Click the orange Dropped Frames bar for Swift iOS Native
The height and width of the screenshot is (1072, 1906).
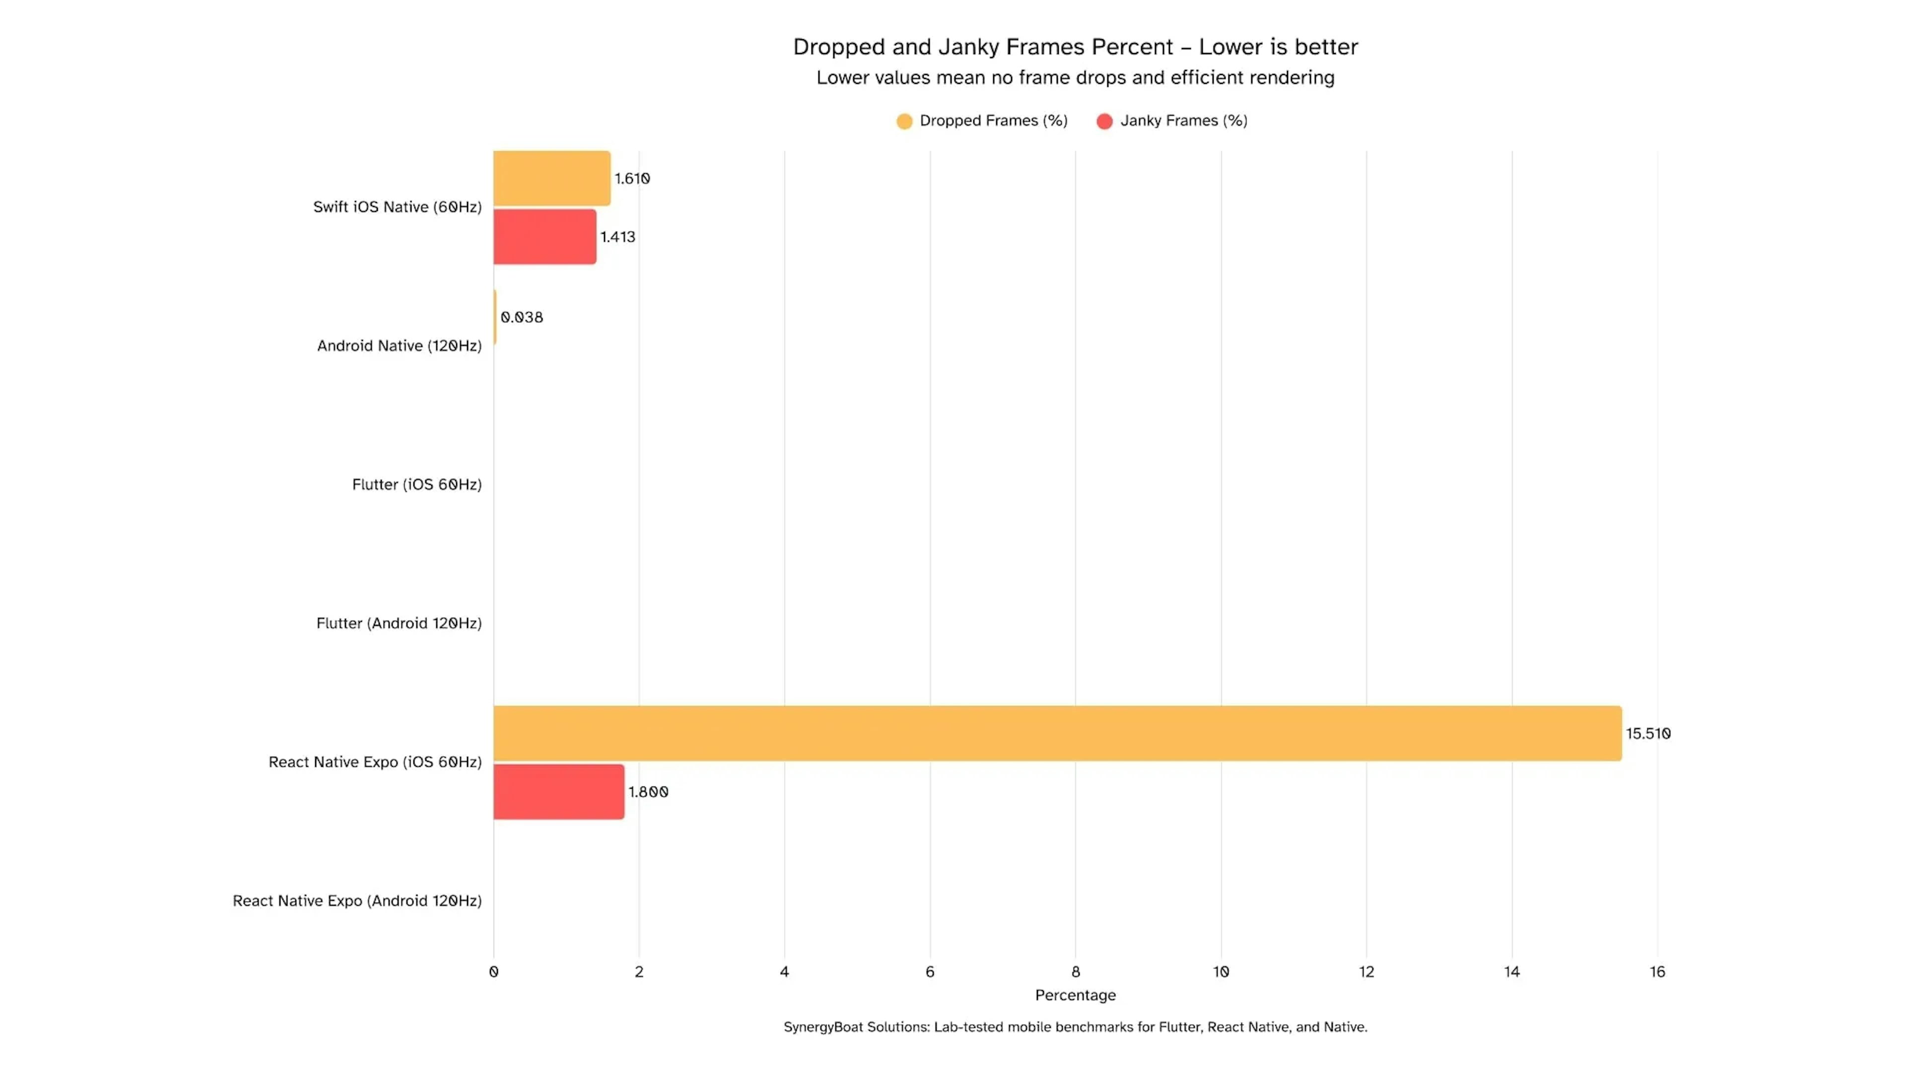[x=552, y=178]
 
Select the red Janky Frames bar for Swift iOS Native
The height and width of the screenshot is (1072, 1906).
[x=545, y=237]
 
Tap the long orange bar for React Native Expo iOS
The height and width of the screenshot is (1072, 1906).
[x=1057, y=733]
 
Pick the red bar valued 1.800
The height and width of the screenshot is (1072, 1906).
[x=558, y=792]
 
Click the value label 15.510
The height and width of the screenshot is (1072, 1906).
[x=1648, y=733]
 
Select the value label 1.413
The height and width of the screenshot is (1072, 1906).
[x=617, y=237]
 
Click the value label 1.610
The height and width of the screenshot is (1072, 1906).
[x=632, y=178]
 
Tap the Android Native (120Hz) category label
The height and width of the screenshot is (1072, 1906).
[x=399, y=345]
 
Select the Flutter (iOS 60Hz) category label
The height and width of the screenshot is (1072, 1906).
[x=416, y=484]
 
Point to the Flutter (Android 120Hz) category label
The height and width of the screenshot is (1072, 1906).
[x=399, y=623]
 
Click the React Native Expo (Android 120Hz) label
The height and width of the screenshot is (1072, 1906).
[x=357, y=900]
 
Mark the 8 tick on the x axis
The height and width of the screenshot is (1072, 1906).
[x=1075, y=971]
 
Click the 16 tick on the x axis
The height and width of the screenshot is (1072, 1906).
[x=1657, y=971]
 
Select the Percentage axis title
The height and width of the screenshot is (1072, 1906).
[x=1075, y=995]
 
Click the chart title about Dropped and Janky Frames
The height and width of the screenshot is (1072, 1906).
[x=1075, y=47]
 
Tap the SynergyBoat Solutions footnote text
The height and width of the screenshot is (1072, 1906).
[x=1075, y=1027]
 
